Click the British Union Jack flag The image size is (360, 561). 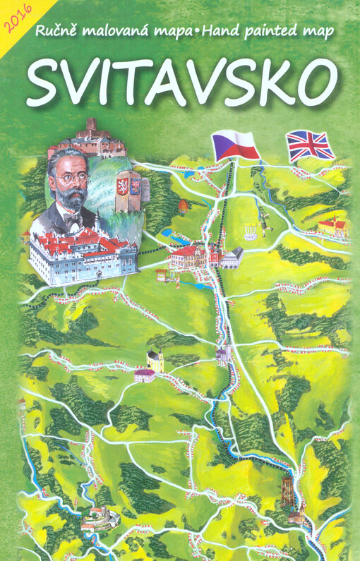[310, 145]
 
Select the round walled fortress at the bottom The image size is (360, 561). [97, 520]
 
